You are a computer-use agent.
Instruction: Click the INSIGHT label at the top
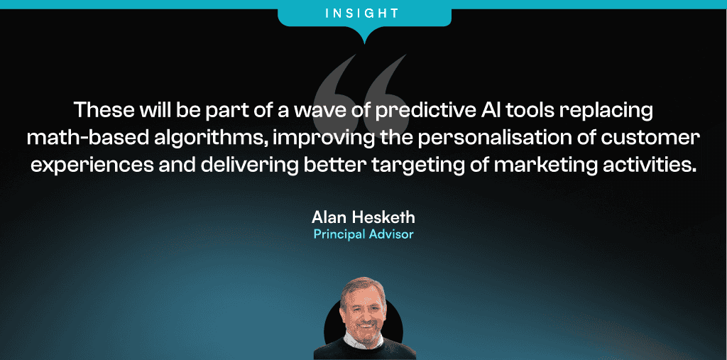(x=362, y=13)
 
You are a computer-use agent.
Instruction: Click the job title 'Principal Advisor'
(x=363, y=234)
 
